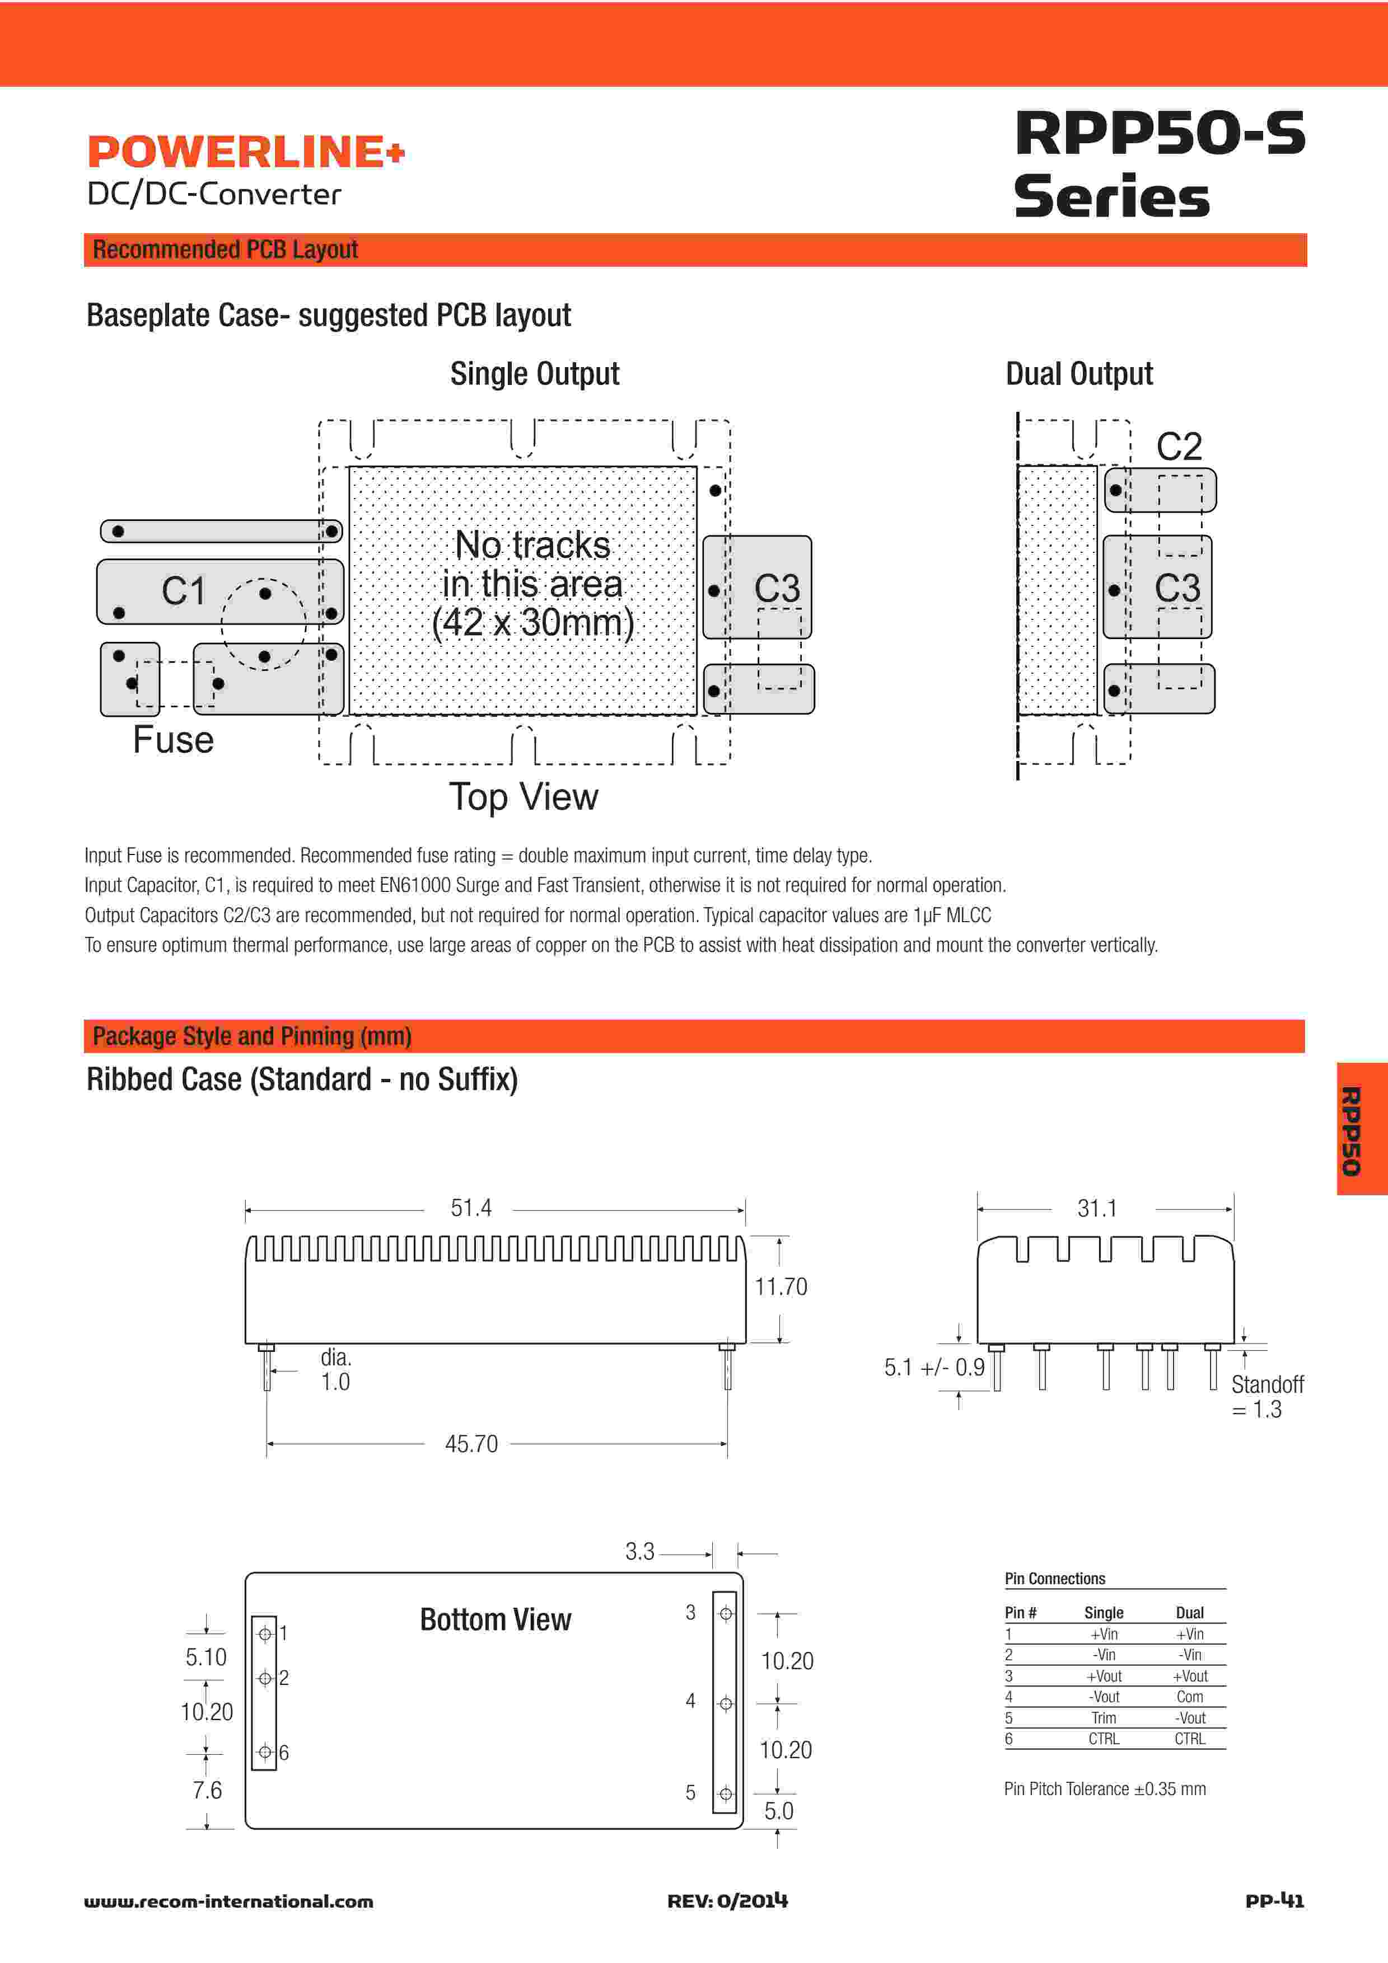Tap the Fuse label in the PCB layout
pyautogui.click(x=173, y=740)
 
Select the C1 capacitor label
pyautogui.click(x=184, y=591)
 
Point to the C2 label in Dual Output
pyautogui.click(x=1179, y=447)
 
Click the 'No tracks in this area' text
pyautogui.click(x=533, y=584)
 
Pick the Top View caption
pyautogui.click(x=524, y=797)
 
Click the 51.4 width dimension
pyautogui.click(x=471, y=1208)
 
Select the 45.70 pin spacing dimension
pyautogui.click(x=471, y=1444)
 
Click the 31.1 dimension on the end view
pyautogui.click(x=1097, y=1209)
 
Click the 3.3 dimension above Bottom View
pyautogui.click(x=640, y=1552)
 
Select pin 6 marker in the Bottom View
pyautogui.click(x=265, y=1752)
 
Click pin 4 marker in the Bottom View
pyautogui.click(x=725, y=1704)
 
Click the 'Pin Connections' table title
pyautogui.click(x=1054, y=1578)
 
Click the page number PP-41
pyautogui.click(x=1274, y=1900)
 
